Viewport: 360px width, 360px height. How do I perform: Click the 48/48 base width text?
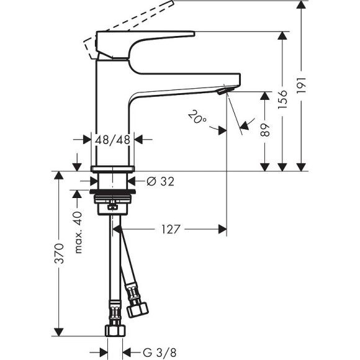pyautogui.click(x=113, y=140)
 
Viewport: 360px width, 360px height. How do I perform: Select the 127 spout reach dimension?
pyautogui.click(x=171, y=230)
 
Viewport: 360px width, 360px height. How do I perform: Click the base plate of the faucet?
pyautogui.click(x=113, y=169)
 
